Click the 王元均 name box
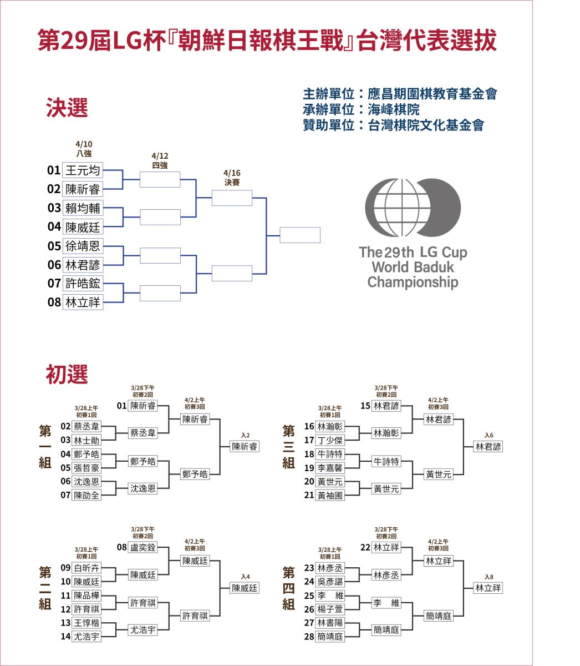point(83,170)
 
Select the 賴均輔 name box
point(83,208)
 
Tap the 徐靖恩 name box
point(83,246)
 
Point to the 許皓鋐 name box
point(83,283)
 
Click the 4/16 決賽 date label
point(232,178)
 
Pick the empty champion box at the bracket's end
point(300,235)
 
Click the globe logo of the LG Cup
point(413,208)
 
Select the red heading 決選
point(67,108)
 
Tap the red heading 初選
point(67,374)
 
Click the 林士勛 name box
point(86,440)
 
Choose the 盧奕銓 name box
point(143,548)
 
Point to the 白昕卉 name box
point(86,568)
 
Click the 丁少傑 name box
point(330,440)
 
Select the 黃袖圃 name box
point(330,495)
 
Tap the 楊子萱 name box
point(330,609)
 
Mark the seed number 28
point(309,637)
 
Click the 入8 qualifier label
point(489,577)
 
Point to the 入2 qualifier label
point(245,435)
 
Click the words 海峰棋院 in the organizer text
point(393,109)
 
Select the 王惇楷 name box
point(86,623)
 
